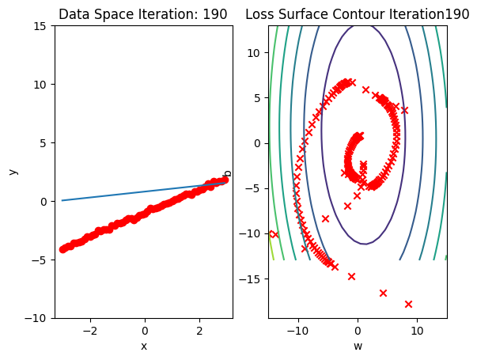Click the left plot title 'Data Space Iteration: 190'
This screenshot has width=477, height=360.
[x=143, y=14]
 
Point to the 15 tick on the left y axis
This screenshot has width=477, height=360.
[x=40, y=26]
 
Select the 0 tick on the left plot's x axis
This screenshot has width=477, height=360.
[x=145, y=330]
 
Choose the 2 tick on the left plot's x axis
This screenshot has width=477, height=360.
[x=199, y=330]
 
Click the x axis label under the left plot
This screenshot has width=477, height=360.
[x=144, y=346]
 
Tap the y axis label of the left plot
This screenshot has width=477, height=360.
[x=13, y=172]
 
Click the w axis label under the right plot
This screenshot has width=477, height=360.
[x=358, y=346]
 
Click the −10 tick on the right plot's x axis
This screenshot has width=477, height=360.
[x=297, y=330]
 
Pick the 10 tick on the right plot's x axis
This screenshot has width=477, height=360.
[x=417, y=330]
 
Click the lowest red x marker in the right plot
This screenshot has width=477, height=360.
[x=409, y=304]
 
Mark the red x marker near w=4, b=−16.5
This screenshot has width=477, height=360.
[x=383, y=293]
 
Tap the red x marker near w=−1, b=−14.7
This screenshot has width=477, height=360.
[x=351, y=276]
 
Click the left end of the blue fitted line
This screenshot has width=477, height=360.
[x=62, y=200]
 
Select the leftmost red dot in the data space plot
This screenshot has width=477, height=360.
[x=62, y=249]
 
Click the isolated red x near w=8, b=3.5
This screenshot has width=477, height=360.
[x=404, y=111]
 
